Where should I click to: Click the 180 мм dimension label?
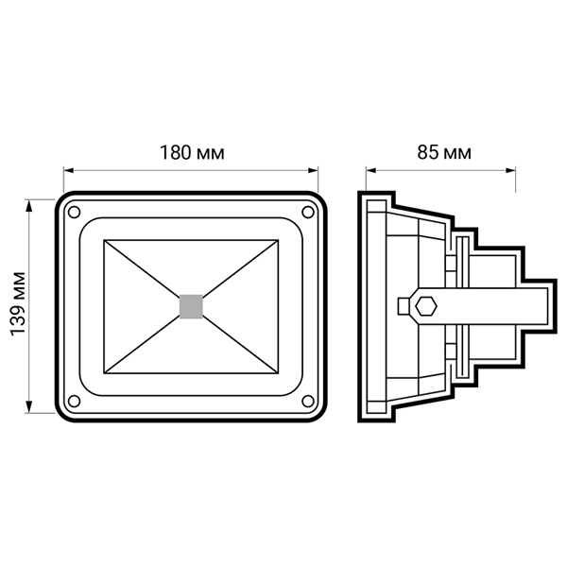[192, 153]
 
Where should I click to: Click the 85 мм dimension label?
[444, 152]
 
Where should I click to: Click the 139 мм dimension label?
[18, 304]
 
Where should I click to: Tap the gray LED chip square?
[191, 306]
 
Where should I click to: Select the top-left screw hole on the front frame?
[74, 213]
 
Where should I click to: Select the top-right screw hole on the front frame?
[308, 213]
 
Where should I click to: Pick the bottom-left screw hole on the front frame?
[74, 401]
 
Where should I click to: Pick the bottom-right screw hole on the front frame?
[308, 401]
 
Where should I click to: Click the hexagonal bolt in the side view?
[426, 306]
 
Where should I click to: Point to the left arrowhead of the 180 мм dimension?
[69, 171]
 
